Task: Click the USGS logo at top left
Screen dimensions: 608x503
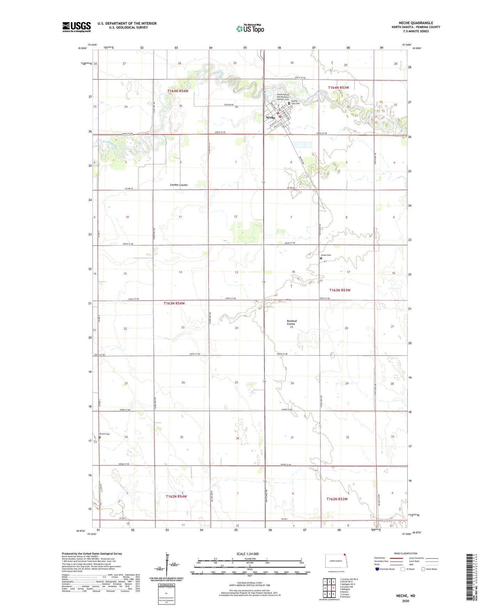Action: pos(77,27)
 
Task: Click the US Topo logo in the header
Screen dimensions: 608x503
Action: pos(250,29)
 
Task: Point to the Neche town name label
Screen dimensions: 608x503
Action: pos(270,118)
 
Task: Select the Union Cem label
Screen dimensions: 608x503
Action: pos(326,255)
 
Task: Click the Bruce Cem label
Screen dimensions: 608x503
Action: pos(105,434)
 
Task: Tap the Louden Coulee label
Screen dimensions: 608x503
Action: pos(179,185)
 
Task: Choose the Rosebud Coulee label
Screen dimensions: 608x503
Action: pos(291,322)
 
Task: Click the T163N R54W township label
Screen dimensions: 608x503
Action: pos(174,303)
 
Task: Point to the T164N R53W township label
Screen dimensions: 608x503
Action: pos(338,88)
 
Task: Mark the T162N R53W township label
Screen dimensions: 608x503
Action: pos(337,499)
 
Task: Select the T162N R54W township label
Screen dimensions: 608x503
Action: pos(176,496)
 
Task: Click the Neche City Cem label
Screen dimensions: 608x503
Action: pos(296,102)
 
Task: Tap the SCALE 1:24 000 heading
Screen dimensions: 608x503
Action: pos(247,554)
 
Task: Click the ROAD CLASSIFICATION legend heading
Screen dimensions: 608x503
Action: pos(406,553)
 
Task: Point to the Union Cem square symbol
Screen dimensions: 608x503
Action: pos(321,258)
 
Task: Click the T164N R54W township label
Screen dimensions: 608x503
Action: pos(178,91)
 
